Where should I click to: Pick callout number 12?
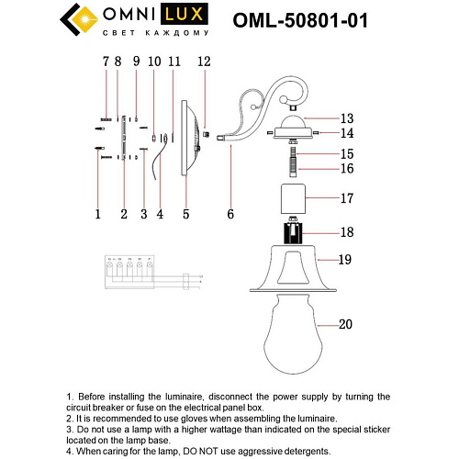point(204,62)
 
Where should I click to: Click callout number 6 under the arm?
point(230,214)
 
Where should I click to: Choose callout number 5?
point(185,215)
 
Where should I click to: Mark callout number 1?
point(97,215)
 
